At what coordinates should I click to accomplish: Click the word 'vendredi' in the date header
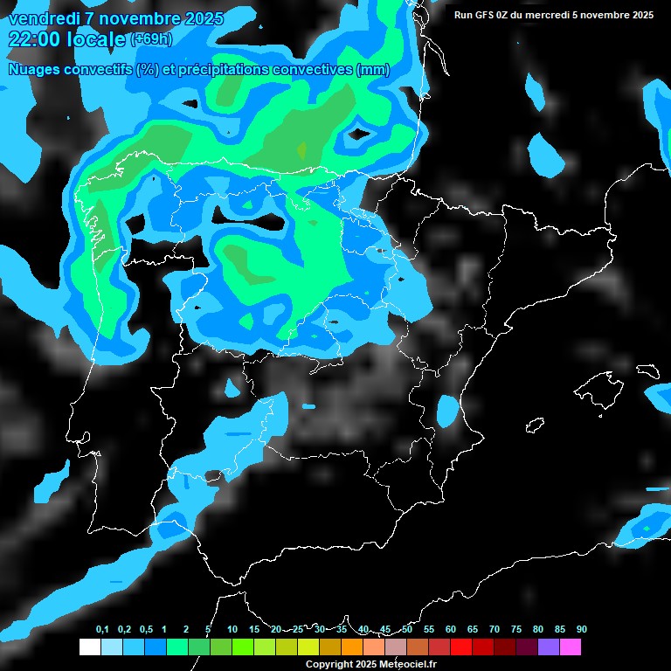[40, 17]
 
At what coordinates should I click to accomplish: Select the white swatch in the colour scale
[89, 647]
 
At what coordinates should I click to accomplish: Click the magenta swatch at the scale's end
[571, 647]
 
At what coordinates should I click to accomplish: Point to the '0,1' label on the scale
[102, 630]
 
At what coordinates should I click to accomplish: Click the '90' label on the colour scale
[581, 630]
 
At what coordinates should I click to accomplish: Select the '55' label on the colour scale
[429, 630]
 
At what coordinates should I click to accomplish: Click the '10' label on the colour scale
[232, 630]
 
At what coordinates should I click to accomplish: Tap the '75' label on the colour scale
[516, 630]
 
